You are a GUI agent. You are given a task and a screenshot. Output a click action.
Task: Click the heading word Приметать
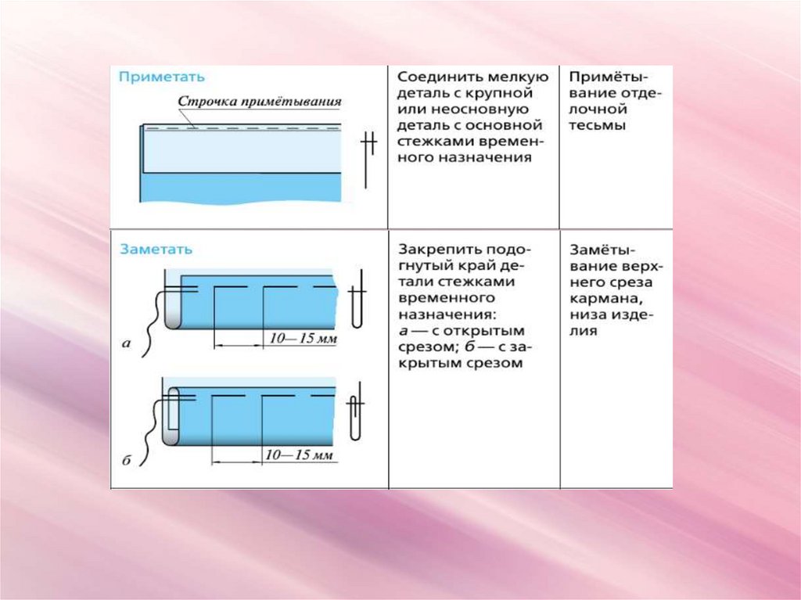click(x=162, y=77)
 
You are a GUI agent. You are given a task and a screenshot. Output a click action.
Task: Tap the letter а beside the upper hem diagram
click(x=125, y=342)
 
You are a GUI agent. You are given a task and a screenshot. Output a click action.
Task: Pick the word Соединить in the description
click(x=433, y=77)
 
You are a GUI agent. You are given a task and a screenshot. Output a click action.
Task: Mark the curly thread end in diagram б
click(x=149, y=438)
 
